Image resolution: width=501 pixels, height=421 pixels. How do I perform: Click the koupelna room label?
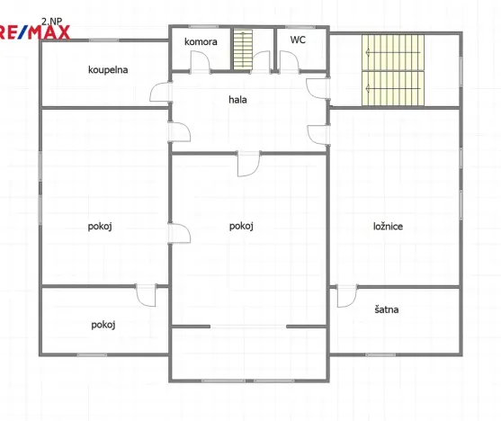pos(106,69)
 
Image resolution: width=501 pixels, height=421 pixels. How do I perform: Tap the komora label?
pos(201,41)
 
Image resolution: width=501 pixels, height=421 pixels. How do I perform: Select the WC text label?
pos(298,40)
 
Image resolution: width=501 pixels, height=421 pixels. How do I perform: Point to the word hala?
pos(237,100)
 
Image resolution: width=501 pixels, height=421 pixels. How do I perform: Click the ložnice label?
pos(388,226)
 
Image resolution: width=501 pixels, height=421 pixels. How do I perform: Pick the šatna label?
pos(389,309)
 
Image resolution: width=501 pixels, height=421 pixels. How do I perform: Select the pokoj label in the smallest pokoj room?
pos(103,325)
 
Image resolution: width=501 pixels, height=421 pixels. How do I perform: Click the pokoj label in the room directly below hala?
pos(241,226)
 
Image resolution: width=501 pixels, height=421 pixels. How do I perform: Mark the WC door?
pos(289,61)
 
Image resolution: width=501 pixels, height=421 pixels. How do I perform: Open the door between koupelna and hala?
pos(161,94)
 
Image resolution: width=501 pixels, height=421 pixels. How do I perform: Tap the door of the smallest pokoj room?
pos(146,294)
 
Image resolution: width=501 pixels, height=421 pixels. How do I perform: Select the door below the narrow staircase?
pos(261,61)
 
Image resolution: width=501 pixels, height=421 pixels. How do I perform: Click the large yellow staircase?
pos(392,67)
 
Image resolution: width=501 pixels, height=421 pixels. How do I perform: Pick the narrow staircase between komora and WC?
pos(243,49)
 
